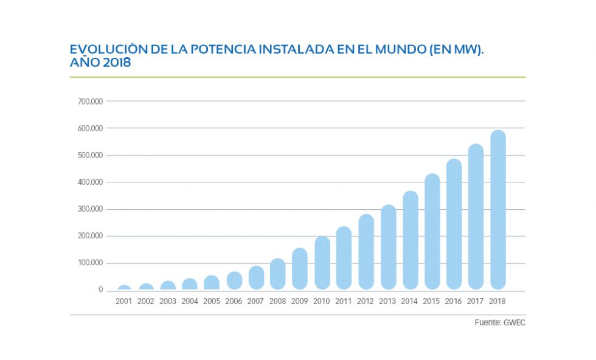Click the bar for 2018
pyautogui.click(x=498, y=210)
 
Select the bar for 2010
pyautogui.click(x=322, y=263)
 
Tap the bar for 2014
pyautogui.click(x=411, y=240)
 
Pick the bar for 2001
pyautogui.click(x=124, y=287)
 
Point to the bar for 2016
pyautogui.click(x=454, y=224)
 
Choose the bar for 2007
pyautogui.click(x=257, y=277)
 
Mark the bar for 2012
pyautogui.click(x=366, y=251)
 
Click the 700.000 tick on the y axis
pyautogui.click(x=91, y=101)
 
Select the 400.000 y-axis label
pyautogui.click(x=91, y=182)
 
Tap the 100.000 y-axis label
pyautogui.click(x=91, y=263)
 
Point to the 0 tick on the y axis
pyautogui.click(x=100, y=290)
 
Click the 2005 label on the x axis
pyautogui.click(x=212, y=301)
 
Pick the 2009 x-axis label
pyautogui.click(x=300, y=301)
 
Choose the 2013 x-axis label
pyautogui.click(x=388, y=301)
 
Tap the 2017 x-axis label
pyautogui.click(x=476, y=301)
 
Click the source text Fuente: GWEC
pyautogui.click(x=499, y=323)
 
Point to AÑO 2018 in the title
pyautogui.click(x=100, y=63)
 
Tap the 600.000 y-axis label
pyautogui.click(x=91, y=128)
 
